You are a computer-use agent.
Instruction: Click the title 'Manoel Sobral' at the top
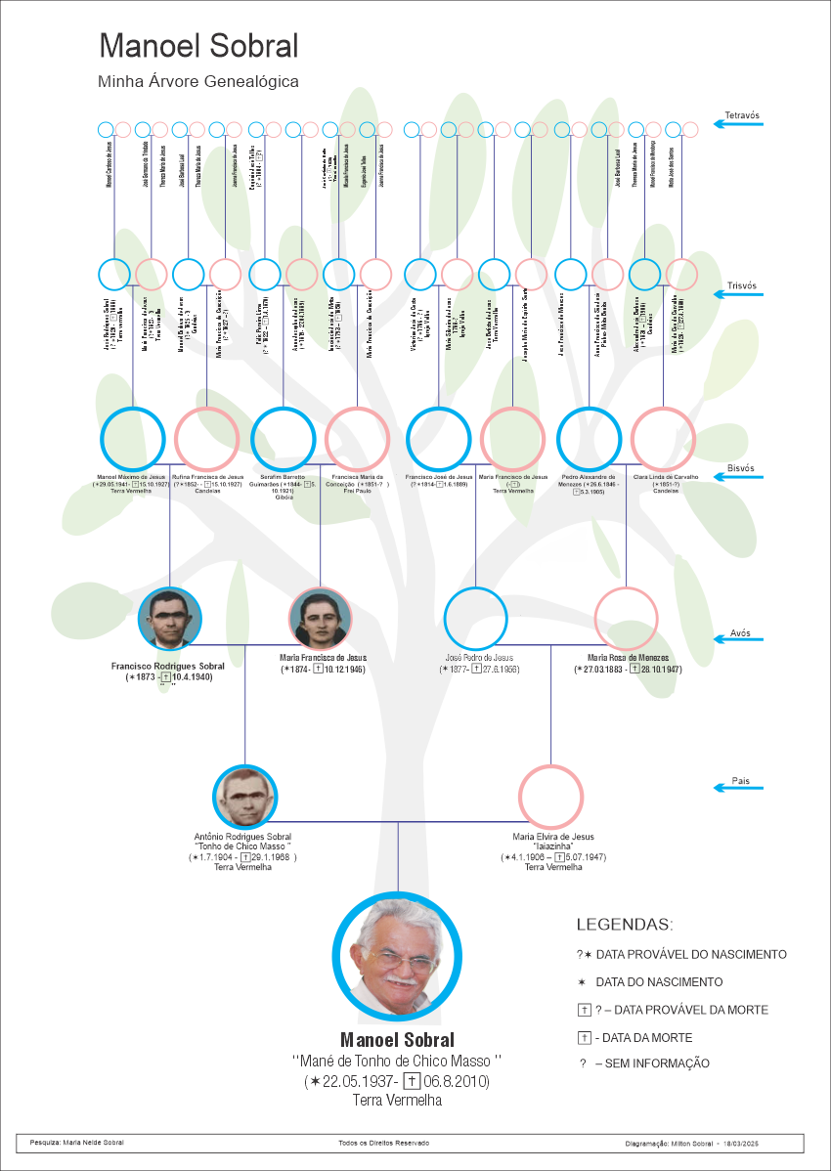point(198,47)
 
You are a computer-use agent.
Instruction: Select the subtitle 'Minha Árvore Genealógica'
point(198,82)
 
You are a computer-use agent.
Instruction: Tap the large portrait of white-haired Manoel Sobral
point(397,957)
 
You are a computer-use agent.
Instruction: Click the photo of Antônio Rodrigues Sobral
point(245,798)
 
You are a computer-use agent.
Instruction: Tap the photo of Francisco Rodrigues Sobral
point(170,619)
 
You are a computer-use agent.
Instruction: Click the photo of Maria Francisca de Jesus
point(321,619)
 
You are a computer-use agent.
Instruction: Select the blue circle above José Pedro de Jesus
point(475,618)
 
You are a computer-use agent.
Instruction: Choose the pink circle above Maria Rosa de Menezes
point(627,618)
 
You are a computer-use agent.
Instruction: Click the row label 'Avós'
point(740,632)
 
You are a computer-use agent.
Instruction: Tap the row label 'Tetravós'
point(742,115)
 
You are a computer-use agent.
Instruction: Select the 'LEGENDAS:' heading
point(625,925)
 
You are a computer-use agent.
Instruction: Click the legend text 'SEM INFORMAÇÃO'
point(651,1063)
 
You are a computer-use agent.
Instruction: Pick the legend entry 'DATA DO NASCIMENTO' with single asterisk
point(659,982)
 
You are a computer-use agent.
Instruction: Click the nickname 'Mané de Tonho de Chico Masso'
point(397,1061)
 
